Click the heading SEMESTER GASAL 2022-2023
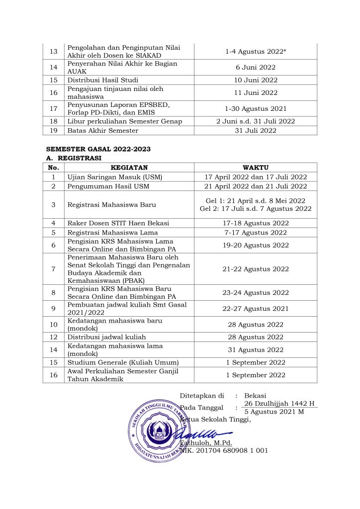(98, 149)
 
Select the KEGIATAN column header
(129, 168)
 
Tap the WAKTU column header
(256, 168)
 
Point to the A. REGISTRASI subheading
(74, 158)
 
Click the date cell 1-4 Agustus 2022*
(256, 51)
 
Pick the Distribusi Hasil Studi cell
(103, 80)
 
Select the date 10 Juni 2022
(256, 80)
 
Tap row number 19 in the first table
(54, 130)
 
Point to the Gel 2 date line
(256, 209)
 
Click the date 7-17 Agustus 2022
(256, 233)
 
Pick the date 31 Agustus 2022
(256, 350)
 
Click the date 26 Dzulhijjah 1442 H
(279, 403)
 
